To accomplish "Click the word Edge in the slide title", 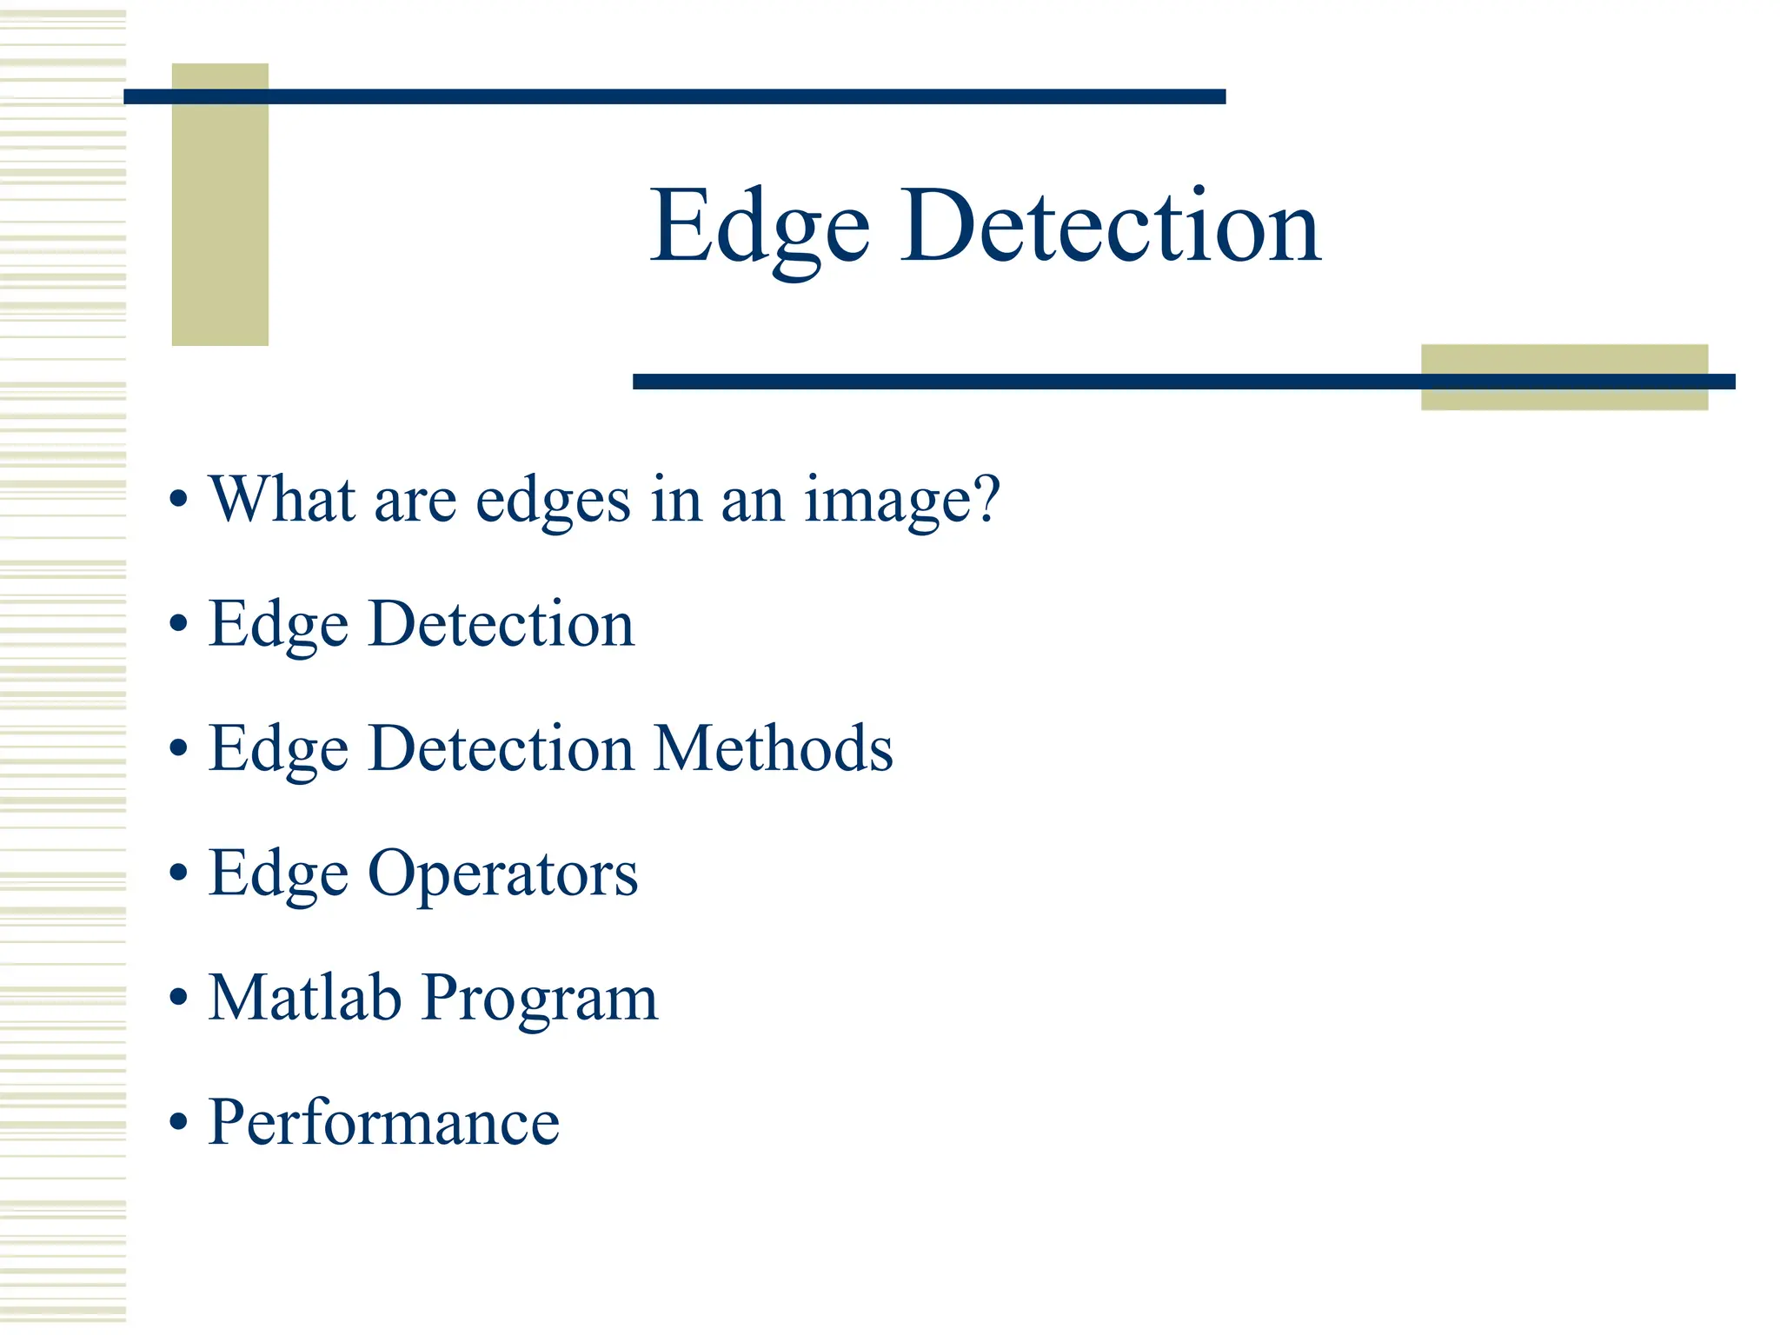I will (760, 228).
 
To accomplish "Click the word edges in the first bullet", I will (553, 501).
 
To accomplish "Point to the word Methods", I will (773, 748).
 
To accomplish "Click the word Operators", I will (502, 873).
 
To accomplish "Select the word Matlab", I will (304, 997).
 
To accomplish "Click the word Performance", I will (383, 1122).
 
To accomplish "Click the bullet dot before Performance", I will (178, 1122).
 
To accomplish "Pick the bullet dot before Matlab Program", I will (178, 998).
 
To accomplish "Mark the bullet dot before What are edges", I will (178, 500).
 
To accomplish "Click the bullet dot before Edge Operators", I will (178, 873).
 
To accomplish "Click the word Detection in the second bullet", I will (501, 624).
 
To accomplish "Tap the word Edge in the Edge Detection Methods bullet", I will (278, 750).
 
